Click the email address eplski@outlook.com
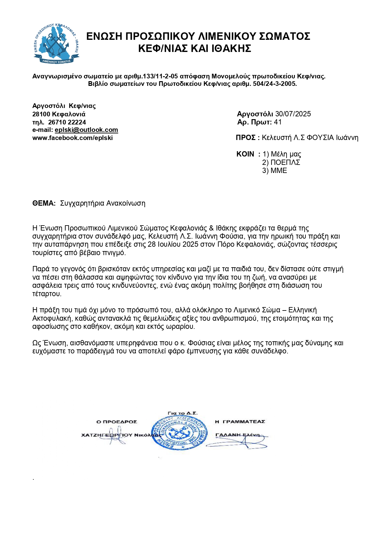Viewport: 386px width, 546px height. [86, 130]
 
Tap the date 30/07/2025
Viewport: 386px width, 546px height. [293, 114]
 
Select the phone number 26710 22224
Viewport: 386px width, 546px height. [67, 122]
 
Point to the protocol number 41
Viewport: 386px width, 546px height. [278, 122]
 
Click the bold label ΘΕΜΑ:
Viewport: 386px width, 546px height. [44, 203]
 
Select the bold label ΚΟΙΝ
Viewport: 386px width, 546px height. [245, 154]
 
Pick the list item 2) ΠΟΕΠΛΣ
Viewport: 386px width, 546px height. [281, 162]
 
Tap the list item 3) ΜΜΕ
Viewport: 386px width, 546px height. [275, 170]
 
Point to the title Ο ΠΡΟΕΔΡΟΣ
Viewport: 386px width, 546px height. [117, 422]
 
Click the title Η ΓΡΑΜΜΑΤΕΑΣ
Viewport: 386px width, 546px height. [240, 422]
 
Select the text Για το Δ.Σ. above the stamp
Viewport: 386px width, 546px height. [183, 413]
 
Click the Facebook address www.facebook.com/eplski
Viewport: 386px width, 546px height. [72, 138]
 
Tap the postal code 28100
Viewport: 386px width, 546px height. [41, 114]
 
